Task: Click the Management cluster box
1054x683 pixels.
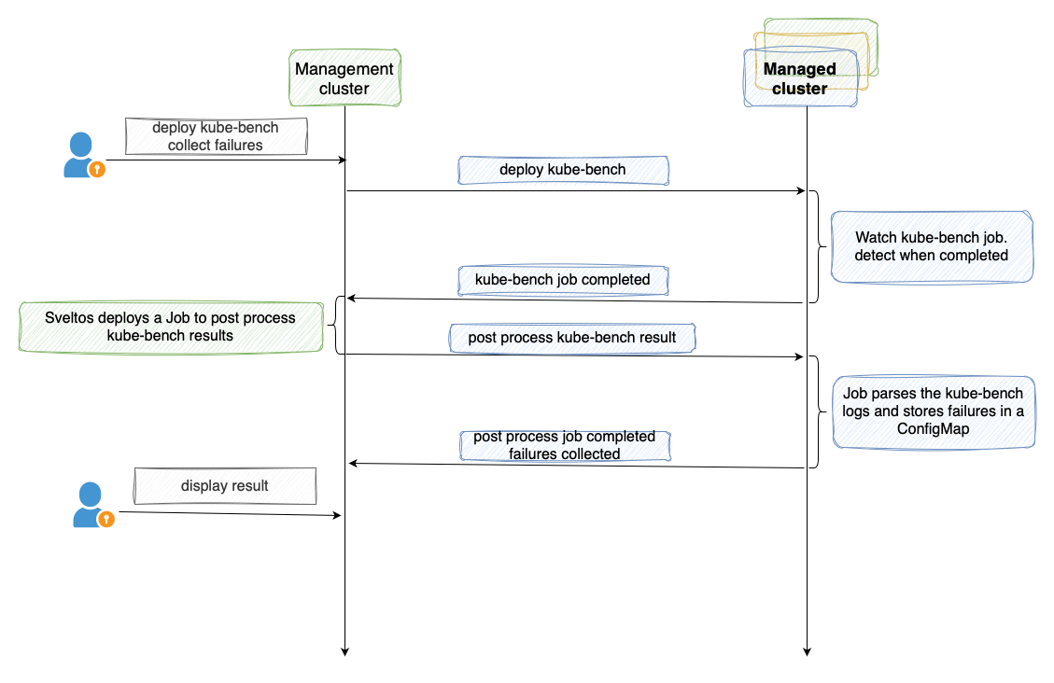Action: pyautogui.click(x=344, y=78)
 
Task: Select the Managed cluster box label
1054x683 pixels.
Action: pyautogui.click(x=800, y=78)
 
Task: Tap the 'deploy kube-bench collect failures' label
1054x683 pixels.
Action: pyautogui.click(x=216, y=136)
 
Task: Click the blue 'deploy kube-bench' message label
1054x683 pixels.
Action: pyautogui.click(x=563, y=170)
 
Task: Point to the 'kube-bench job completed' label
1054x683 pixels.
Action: pyautogui.click(x=563, y=279)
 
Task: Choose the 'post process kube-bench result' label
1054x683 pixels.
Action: pyautogui.click(x=572, y=337)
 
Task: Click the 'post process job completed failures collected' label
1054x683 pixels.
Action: pyautogui.click(x=565, y=445)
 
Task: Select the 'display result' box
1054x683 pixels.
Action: pyautogui.click(x=225, y=486)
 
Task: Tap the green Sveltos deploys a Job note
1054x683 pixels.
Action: pyautogui.click(x=170, y=326)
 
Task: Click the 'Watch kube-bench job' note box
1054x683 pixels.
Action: pyautogui.click(x=932, y=246)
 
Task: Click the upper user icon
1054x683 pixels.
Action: pyautogui.click(x=82, y=155)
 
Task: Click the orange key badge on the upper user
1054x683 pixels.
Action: pyautogui.click(x=97, y=169)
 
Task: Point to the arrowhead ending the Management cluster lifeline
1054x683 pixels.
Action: pyautogui.click(x=344, y=650)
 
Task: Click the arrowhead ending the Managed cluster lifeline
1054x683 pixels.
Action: pyautogui.click(x=806, y=650)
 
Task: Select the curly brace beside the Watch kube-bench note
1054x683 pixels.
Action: pyautogui.click(x=817, y=246)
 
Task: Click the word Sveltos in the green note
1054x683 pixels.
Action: pyautogui.click(x=70, y=317)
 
